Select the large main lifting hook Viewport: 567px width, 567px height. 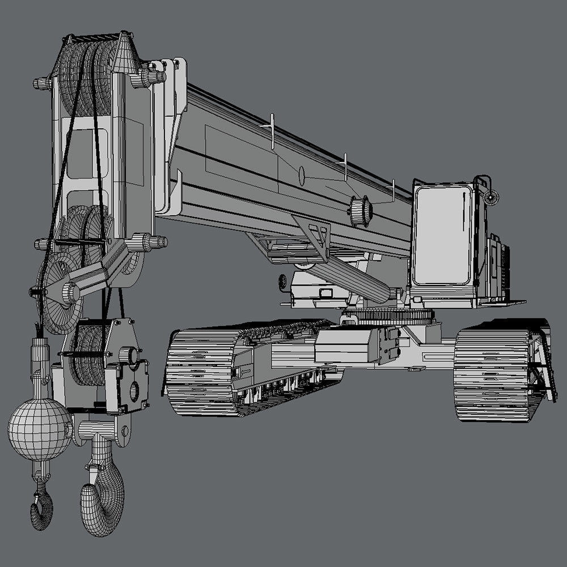102,499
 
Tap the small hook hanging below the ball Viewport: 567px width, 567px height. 41,507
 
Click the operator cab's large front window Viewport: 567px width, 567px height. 442,235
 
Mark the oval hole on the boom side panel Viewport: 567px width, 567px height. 301,175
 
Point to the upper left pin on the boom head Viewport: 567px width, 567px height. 43,84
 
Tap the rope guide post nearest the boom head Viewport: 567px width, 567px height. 272,130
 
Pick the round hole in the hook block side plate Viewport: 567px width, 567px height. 134,390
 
